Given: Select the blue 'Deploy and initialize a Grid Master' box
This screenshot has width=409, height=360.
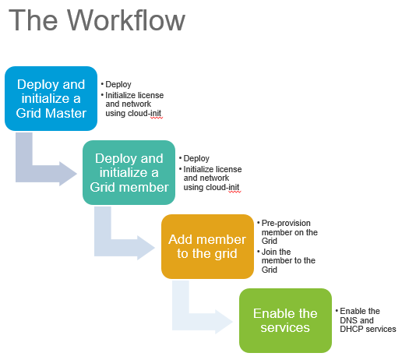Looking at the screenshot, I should pyautogui.click(x=51, y=98).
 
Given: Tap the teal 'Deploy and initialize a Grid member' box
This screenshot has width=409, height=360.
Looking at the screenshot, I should pyautogui.click(x=129, y=172).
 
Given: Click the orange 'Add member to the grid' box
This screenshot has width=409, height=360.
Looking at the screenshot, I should pyautogui.click(x=207, y=246).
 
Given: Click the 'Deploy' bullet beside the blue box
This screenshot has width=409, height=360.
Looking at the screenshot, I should pyautogui.click(x=118, y=84).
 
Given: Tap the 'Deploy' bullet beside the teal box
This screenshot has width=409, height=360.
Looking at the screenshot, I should pyautogui.click(x=196, y=158).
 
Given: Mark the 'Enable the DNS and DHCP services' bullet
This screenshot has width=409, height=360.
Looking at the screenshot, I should pyautogui.click(x=366, y=319).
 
